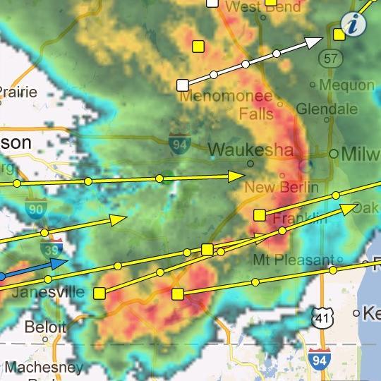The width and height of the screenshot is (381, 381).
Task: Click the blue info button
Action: tap(354, 23)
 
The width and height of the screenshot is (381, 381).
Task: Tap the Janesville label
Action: tap(49, 292)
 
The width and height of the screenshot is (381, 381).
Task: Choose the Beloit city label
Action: tap(45, 327)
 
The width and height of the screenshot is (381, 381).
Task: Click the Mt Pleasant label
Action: tap(293, 259)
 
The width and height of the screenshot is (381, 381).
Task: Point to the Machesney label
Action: tap(44, 367)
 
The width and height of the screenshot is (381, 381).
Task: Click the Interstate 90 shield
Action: tap(35, 207)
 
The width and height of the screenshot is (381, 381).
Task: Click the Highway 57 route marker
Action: tap(330, 58)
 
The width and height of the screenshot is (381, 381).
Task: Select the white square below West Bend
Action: tap(183, 85)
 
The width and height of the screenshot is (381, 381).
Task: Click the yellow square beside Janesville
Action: tap(99, 293)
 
